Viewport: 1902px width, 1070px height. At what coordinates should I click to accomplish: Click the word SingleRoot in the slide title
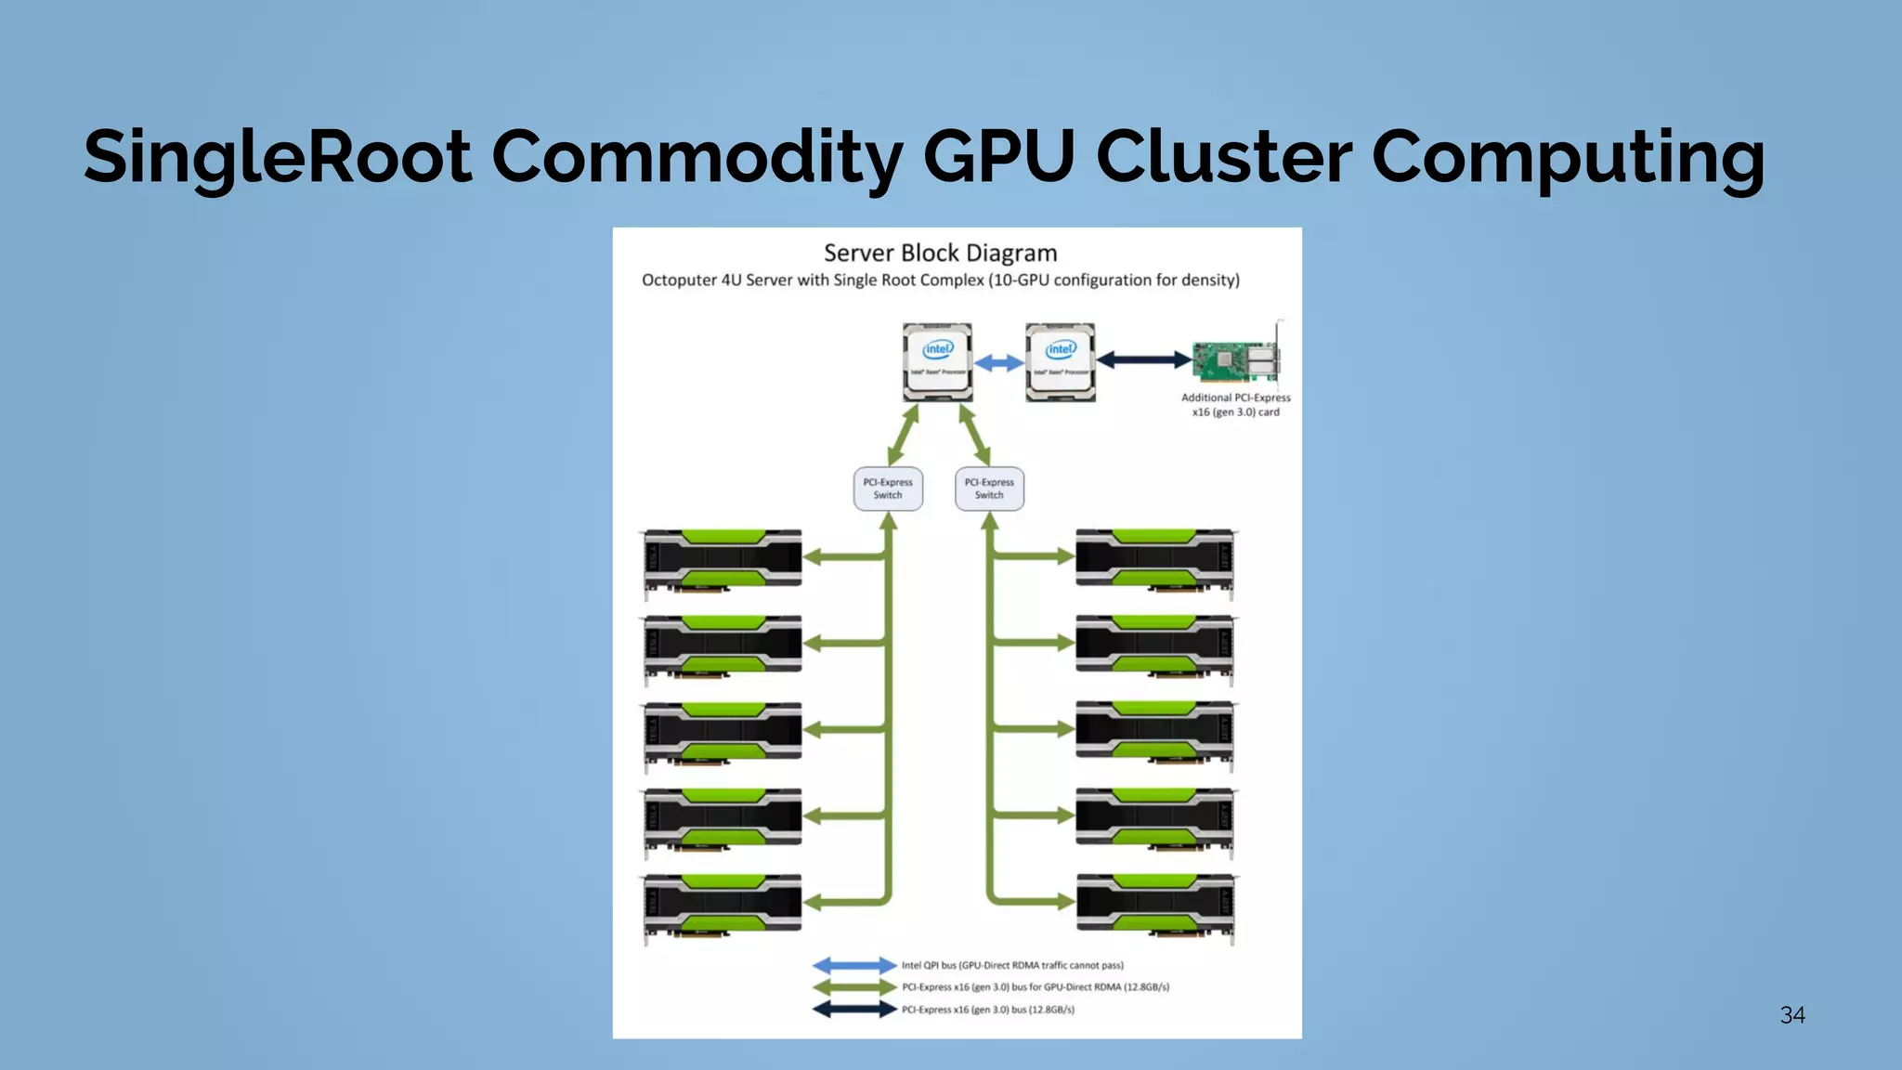point(277,156)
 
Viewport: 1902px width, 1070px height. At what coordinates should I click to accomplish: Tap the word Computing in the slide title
point(1568,156)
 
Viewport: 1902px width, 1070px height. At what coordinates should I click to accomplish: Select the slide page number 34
point(1792,1015)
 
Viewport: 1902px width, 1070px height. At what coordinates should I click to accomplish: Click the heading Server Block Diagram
point(940,253)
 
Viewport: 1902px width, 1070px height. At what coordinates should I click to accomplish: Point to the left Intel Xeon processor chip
point(938,362)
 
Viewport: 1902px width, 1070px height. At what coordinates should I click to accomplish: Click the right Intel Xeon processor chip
point(1061,362)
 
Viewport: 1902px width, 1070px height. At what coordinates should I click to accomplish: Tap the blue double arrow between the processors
point(999,362)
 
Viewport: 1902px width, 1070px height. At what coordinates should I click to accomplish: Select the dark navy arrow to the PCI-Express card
point(1144,359)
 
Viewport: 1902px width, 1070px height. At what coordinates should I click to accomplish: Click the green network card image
point(1236,360)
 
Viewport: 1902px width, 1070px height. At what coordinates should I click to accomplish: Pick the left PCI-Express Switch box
point(888,489)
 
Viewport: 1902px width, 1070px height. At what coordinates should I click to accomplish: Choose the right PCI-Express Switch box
point(989,489)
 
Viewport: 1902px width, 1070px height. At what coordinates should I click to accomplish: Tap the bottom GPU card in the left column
point(723,906)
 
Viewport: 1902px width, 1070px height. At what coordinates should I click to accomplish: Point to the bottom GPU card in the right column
point(1155,906)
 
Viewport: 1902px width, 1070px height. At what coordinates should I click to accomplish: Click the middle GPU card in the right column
point(1155,733)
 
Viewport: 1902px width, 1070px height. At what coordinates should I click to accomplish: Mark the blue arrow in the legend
point(854,966)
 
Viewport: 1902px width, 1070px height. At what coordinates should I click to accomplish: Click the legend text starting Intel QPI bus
point(1012,966)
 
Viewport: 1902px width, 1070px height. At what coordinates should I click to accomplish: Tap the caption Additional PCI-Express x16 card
point(1235,405)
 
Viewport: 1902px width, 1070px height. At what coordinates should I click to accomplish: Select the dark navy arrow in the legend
point(854,1010)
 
